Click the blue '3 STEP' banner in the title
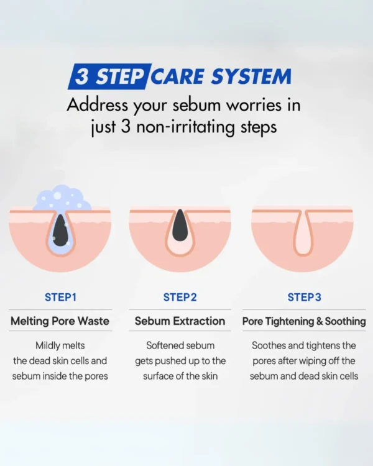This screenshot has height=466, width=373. point(109,76)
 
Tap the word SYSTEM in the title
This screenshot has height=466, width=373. point(251,76)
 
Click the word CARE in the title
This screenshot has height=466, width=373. point(177,76)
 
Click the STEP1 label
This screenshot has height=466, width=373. point(61,297)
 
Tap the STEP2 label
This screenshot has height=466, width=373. point(180,297)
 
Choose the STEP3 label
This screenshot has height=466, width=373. point(304,297)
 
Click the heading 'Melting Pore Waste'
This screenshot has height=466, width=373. point(60,321)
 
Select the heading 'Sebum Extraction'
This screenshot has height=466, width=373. point(180,321)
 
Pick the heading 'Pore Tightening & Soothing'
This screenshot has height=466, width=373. point(304,321)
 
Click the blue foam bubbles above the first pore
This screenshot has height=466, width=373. point(62,198)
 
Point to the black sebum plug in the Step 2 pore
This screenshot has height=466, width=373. point(180,225)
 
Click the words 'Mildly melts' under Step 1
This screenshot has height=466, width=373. point(60,345)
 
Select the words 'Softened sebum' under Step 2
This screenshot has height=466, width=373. point(180,345)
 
